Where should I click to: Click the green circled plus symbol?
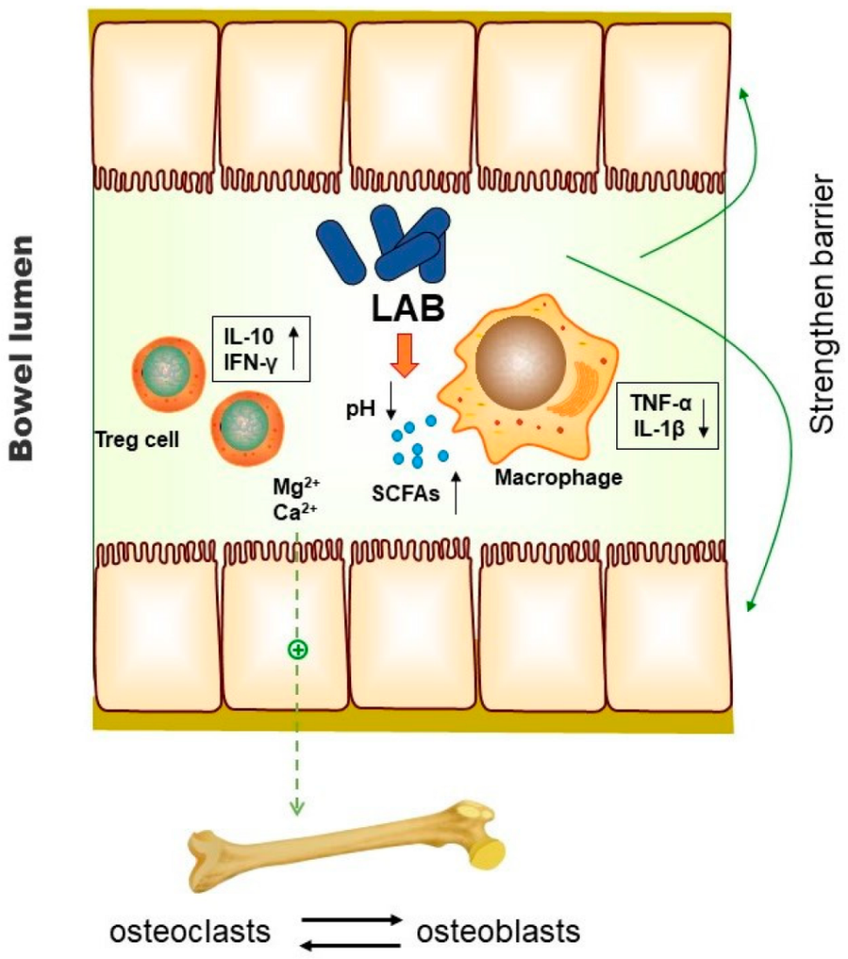click(296, 650)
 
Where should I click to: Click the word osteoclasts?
click(188, 931)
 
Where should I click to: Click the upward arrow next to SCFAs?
click(457, 493)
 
